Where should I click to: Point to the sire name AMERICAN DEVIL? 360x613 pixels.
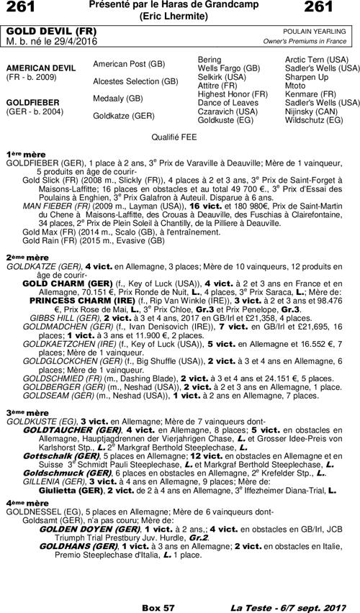coord(40,67)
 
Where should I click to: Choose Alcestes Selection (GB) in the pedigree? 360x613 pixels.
coord(135,81)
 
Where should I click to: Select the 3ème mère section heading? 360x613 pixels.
coord(22,412)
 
